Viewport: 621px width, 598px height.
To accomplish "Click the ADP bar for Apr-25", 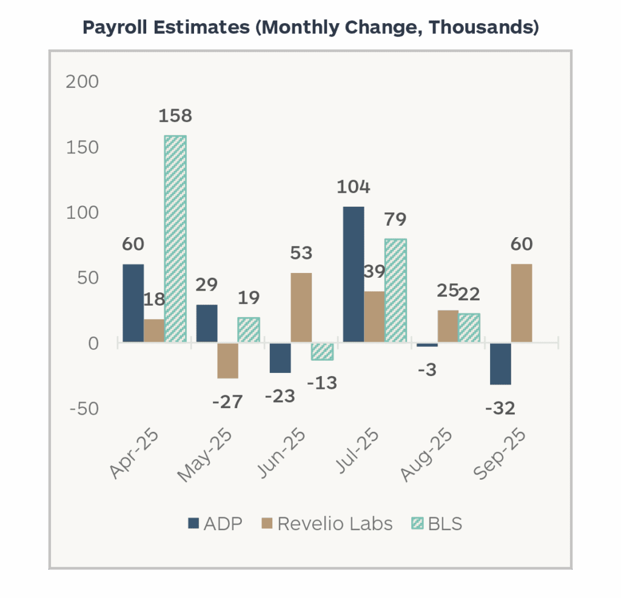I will click(x=133, y=303).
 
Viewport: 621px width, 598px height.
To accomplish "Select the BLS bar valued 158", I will click(x=175, y=239).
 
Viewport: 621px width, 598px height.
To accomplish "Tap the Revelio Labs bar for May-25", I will click(x=227, y=361).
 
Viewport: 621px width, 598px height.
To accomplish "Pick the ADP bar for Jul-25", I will click(x=354, y=275).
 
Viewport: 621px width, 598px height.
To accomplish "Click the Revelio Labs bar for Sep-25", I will click(x=522, y=303).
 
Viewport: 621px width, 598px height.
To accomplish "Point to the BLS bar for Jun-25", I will click(x=322, y=352).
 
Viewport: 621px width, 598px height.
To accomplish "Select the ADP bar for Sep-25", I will click(x=500, y=364).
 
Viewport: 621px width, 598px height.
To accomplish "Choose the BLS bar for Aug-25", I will click(x=469, y=328).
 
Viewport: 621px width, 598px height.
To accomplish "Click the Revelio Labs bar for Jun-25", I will click(x=301, y=308).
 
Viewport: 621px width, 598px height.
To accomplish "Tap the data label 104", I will click(x=354, y=187).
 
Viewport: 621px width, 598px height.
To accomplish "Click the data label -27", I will click(x=227, y=401).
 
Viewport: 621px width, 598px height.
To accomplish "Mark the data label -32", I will click(x=500, y=408).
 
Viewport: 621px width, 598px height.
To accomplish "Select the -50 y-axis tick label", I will click(x=84, y=408).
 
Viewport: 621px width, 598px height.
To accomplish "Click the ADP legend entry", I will click(x=215, y=524).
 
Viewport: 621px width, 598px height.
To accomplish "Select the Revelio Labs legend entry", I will click(x=327, y=524).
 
